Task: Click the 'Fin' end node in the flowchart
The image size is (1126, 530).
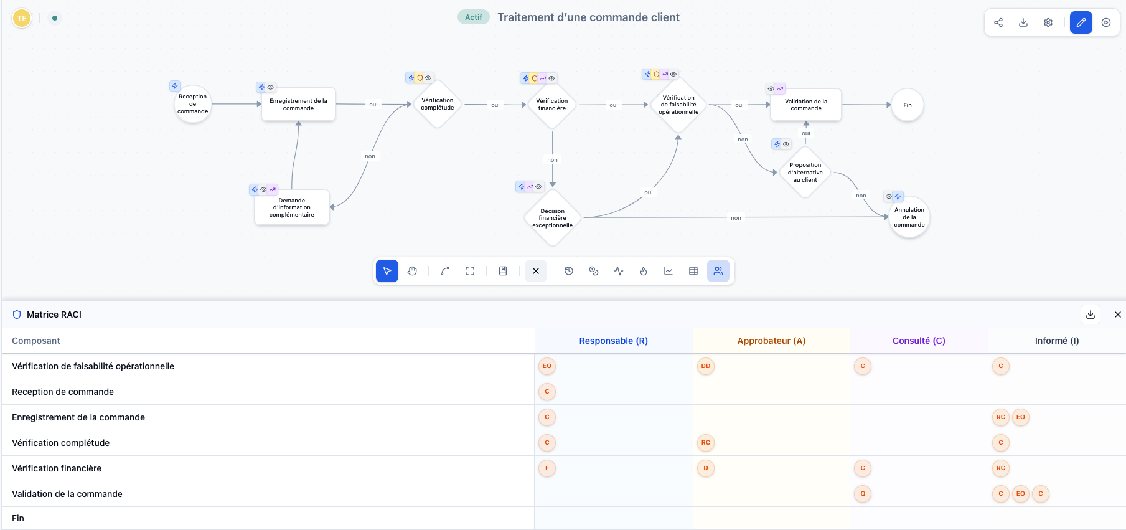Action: click(907, 105)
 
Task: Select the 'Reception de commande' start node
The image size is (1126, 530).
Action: click(192, 104)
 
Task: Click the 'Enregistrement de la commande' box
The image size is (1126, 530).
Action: click(298, 105)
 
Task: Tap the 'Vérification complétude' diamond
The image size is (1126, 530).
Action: click(437, 104)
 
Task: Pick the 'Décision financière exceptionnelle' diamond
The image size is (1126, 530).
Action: click(552, 218)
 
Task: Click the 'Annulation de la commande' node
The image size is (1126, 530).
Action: click(909, 217)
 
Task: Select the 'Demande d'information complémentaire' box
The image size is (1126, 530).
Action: click(291, 207)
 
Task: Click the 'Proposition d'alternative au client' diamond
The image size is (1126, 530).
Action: click(805, 173)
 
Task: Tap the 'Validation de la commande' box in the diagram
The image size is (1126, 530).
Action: click(805, 105)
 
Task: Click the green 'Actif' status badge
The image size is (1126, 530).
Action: click(473, 17)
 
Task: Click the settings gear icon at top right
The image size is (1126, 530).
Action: click(1048, 22)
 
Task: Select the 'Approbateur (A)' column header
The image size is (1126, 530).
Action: click(771, 341)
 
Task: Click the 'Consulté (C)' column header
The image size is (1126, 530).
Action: click(919, 341)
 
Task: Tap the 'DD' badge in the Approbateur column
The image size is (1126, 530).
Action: click(706, 366)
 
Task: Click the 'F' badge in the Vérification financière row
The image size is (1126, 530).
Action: click(547, 468)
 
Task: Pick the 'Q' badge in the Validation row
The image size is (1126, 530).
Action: click(863, 494)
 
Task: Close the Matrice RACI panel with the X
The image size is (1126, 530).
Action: click(1117, 315)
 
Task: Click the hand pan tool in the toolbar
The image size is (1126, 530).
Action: click(412, 271)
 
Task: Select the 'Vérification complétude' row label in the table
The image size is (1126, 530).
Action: click(61, 443)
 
